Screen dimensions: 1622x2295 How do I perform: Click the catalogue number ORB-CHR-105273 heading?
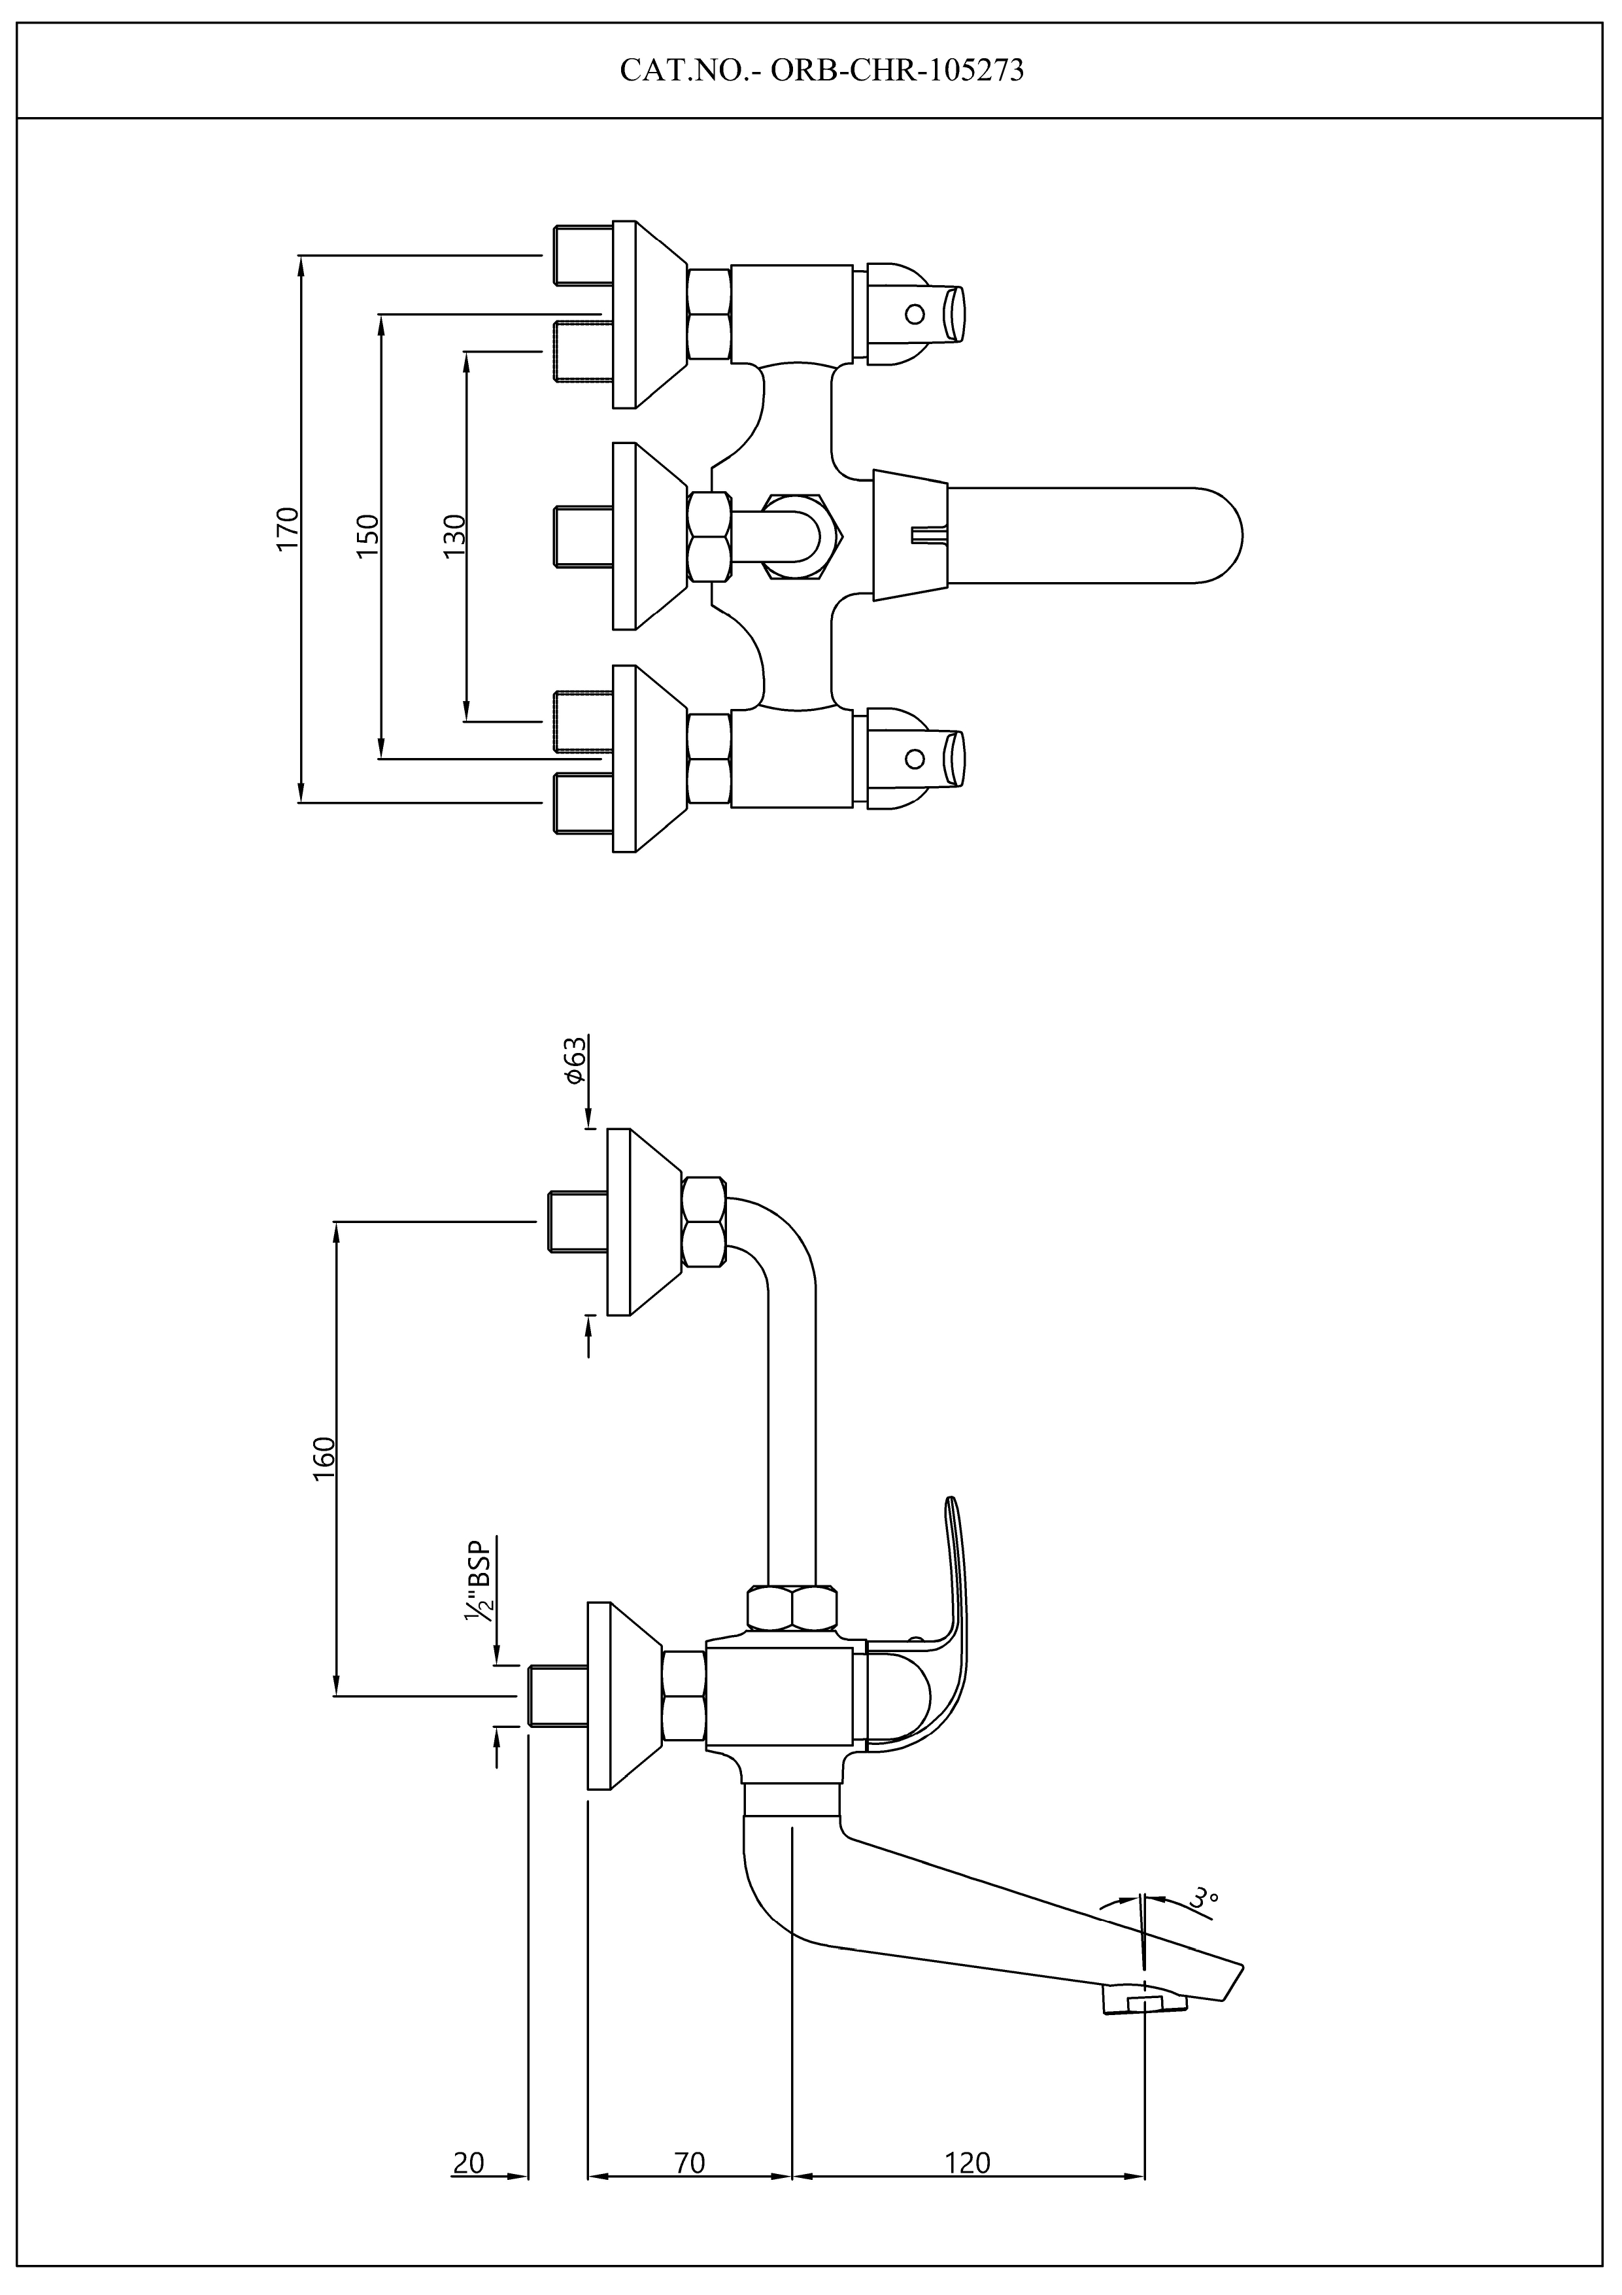coord(822,70)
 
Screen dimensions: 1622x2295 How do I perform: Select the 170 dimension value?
coord(288,528)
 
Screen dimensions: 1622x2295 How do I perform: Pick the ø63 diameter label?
coord(573,1061)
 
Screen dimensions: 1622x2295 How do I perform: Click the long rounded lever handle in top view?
coord(1094,535)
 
